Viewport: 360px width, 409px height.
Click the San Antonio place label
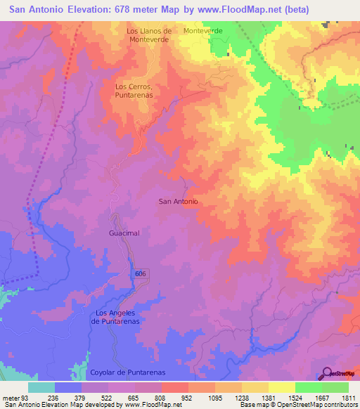tap(179, 201)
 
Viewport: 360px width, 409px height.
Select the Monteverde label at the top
tap(202, 31)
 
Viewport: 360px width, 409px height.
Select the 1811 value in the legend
tap(349, 397)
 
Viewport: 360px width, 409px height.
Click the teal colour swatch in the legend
tap(41, 387)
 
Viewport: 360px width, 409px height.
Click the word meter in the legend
tap(10, 397)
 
